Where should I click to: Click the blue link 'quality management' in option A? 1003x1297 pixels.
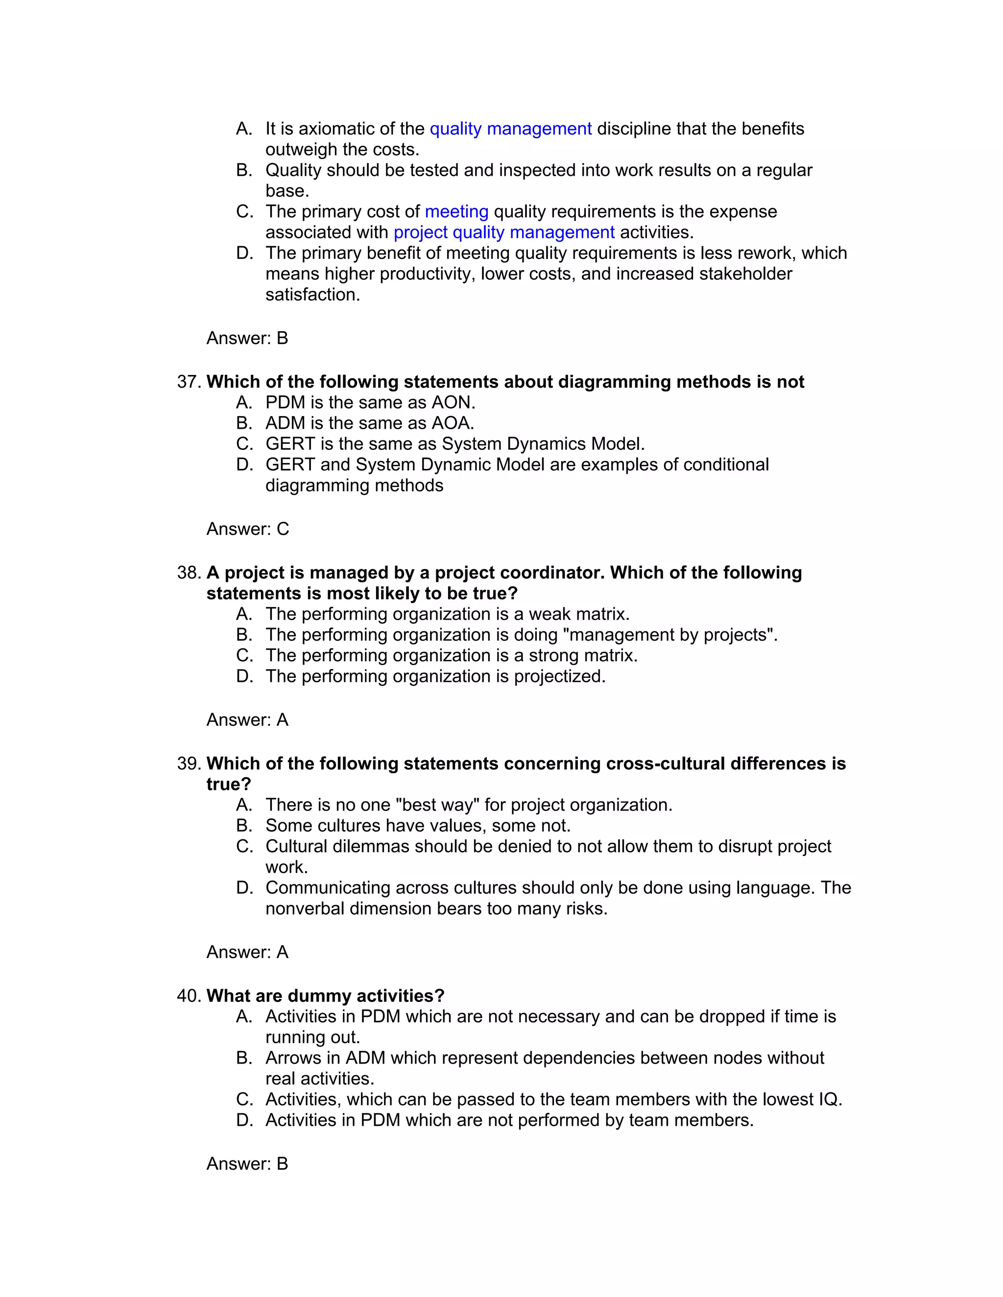click(510, 129)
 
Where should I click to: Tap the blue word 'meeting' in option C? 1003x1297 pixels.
click(456, 211)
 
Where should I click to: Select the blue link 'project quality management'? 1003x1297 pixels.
click(504, 232)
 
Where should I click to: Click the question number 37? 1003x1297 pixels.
click(189, 382)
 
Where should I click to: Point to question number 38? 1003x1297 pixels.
click(189, 573)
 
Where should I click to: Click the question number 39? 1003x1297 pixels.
click(189, 764)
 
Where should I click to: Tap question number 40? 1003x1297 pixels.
click(189, 996)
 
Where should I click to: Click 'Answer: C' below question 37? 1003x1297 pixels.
click(247, 529)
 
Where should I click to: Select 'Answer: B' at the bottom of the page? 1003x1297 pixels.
click(247, 1163)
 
